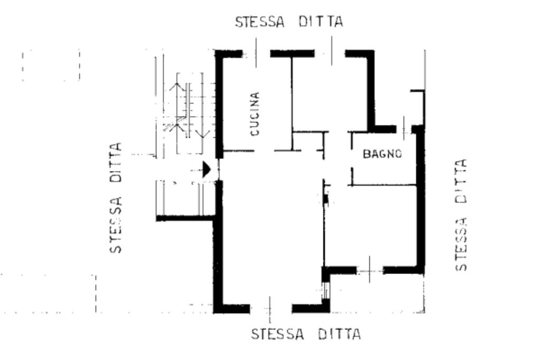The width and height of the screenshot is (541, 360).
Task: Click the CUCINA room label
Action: click(255, 115)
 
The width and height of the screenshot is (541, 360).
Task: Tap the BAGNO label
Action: click(383, 154)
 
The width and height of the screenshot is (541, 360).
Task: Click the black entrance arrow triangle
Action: click(207, 169)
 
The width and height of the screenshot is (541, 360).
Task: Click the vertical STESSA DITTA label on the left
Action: click(116, 197)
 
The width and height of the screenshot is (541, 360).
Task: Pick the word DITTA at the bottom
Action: click(339, 335)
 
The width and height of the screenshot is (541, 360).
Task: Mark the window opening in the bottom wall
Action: click(270, 308)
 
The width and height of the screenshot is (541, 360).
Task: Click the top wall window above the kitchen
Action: click(256, 53)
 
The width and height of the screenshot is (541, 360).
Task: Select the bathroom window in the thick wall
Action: click(404, 129)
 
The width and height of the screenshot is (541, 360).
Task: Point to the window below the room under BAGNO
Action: click(370, 270)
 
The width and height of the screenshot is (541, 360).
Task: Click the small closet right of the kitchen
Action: click(307, 141)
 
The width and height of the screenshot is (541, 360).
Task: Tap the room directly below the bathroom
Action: click(372, 224)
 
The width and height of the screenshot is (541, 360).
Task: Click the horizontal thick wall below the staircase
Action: click(185, 217)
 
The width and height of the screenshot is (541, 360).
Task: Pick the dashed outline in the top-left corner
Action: click(51, 65)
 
